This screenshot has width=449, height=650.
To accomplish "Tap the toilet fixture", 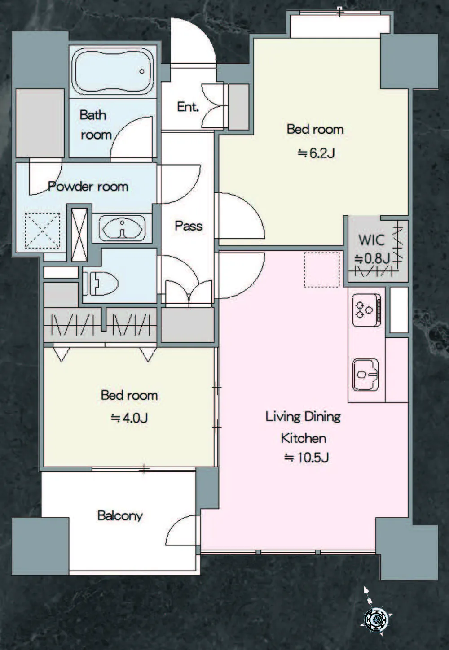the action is [x=100, y=283].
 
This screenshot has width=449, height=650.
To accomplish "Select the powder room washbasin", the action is [x=122, y=228].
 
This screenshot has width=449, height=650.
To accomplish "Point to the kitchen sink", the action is [x=366, y=374].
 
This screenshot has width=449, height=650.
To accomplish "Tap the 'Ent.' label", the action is [x=188, y=107].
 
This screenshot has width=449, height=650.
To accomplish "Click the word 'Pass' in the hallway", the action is [x=189, y=226].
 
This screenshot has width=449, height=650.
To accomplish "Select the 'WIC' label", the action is [x=371, y=240].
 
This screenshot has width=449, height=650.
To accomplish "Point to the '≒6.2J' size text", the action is [x=316, y=153].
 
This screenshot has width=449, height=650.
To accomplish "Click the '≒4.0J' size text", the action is [x=129, y=418].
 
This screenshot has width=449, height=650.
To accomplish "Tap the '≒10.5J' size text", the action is [x=306, y=458].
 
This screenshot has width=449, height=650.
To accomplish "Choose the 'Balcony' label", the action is [x=120, y=516].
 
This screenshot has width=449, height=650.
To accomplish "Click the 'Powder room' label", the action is [x=88, y=186].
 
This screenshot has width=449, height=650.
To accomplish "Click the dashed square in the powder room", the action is [x=42, y=231].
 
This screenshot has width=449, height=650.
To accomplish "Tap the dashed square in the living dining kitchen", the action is [x=322, y=270].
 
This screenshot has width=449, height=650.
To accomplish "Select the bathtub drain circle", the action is [x=142, y=71].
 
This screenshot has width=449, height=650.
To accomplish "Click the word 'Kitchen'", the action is [x=304, y=438].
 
